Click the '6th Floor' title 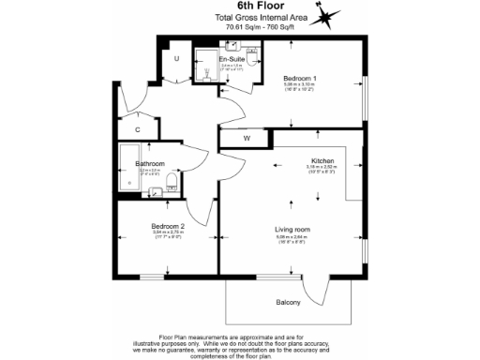click(241, 7)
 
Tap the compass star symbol click(324, 16)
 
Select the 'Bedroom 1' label click(300, 78)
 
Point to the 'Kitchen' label click(322, 161)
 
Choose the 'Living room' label click(292, 230)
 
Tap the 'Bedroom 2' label click(169, 227)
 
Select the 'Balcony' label click(289, 302)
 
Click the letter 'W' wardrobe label click(247, 139)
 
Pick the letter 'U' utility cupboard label click(175, 60)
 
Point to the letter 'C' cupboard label click(137, 128)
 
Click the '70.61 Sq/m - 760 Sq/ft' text click(241, 27)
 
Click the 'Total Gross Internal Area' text click(241, 19)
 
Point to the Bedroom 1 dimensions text click(300, 85)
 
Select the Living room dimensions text click(292, 238)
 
